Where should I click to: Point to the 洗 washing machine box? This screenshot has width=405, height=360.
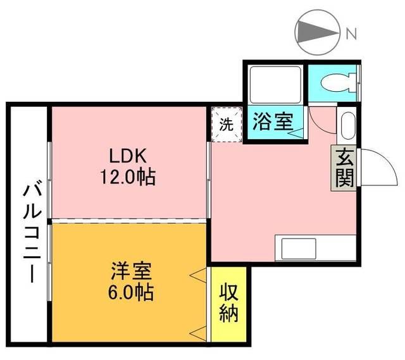tap(227, 123)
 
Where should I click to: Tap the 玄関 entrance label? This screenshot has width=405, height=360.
tap(344, 168)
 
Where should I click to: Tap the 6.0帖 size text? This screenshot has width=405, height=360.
tap(130, 294)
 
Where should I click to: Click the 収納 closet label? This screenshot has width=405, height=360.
tap(228, 303)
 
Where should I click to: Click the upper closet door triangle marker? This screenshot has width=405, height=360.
tap(199, 275)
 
